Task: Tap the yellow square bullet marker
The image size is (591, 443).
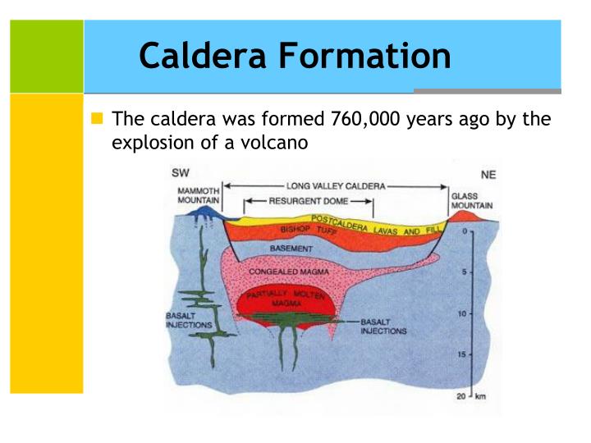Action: coord(98,119)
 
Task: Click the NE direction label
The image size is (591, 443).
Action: coord(486,174)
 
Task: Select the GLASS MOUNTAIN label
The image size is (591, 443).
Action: coord(472,201)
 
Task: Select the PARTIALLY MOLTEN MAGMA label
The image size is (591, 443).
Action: coord(282,298)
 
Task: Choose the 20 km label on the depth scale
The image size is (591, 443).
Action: coord(470,396)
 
